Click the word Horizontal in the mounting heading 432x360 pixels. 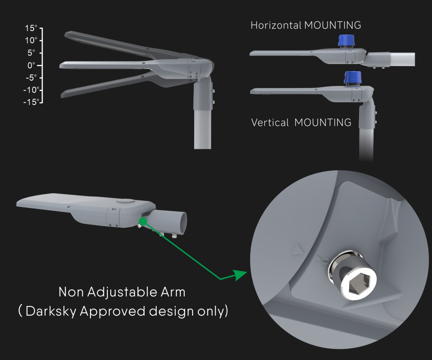(276, 26)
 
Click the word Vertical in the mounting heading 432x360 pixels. (270, 123)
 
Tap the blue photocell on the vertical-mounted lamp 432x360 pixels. (352, 78)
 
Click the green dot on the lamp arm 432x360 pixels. (142, 221)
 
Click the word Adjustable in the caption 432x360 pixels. (123, 292)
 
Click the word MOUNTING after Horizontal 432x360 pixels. (332, 26)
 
